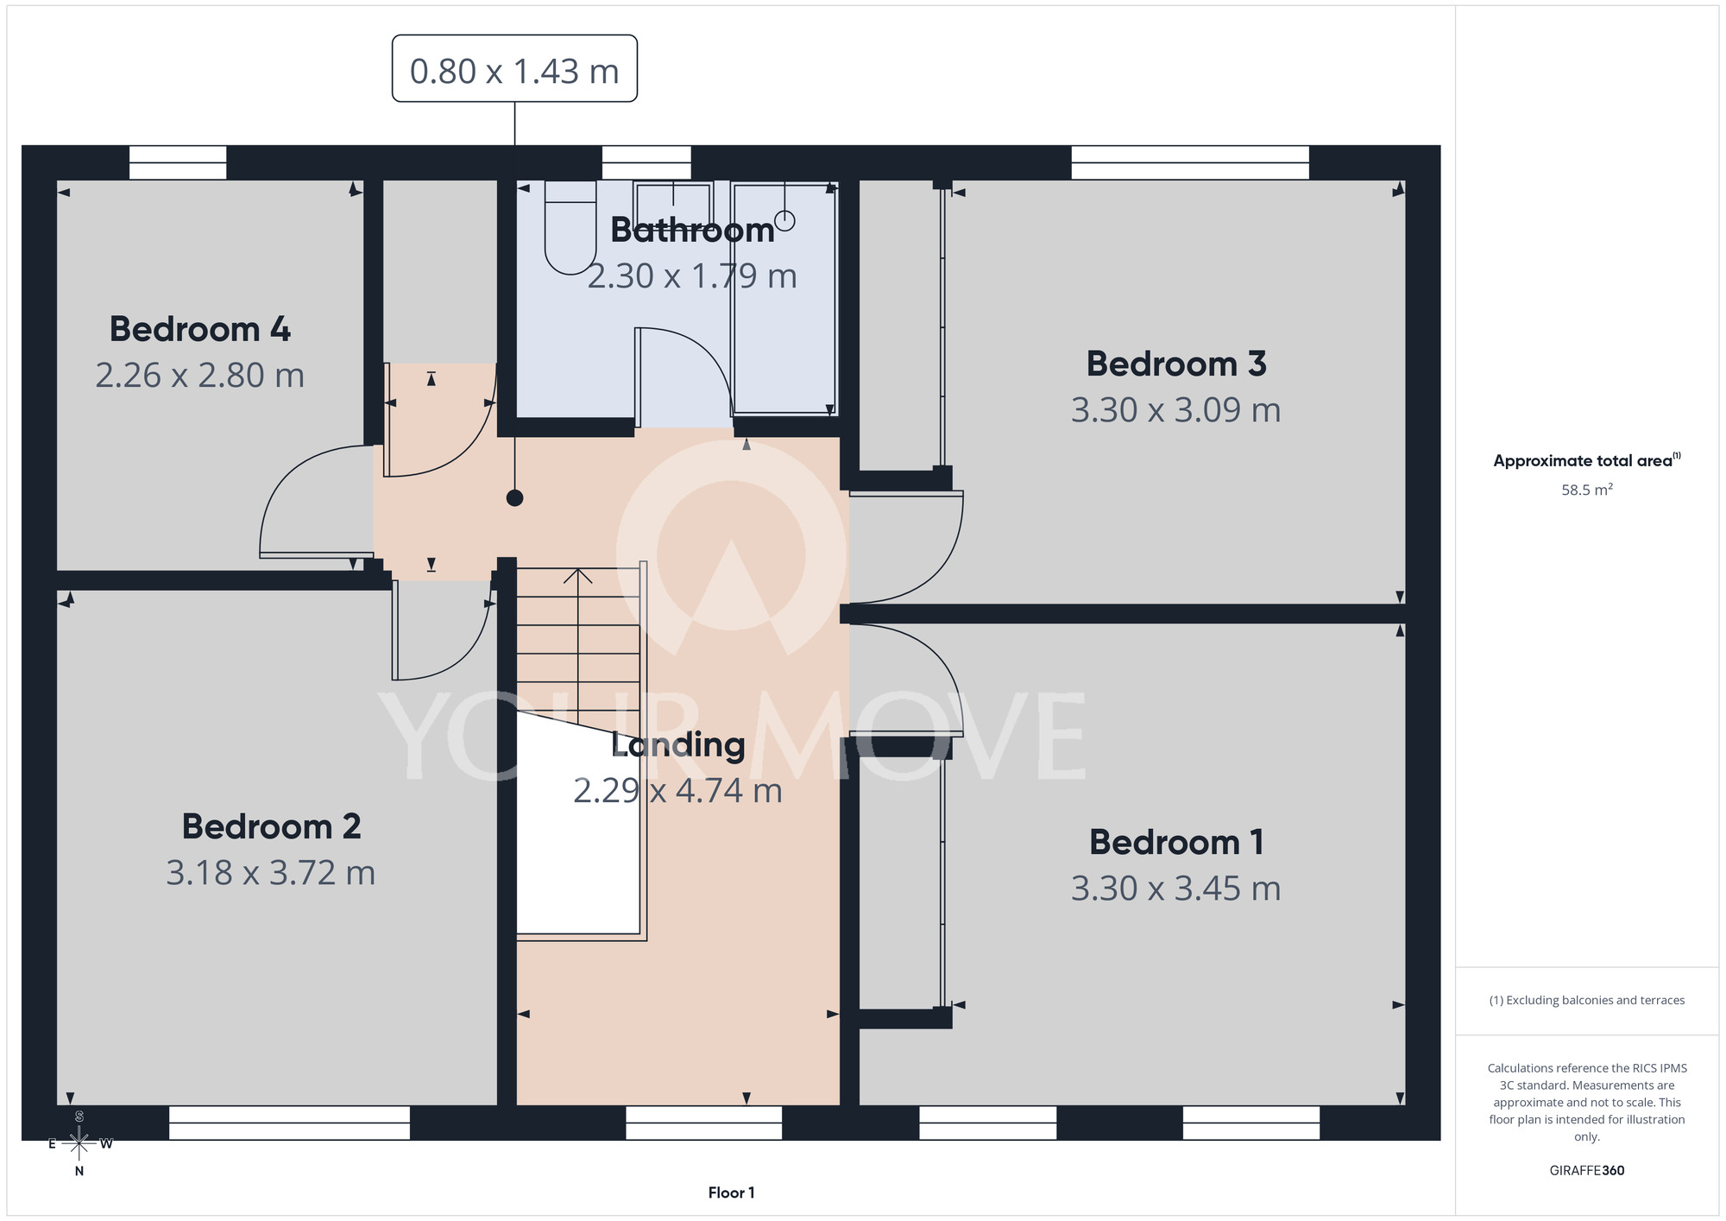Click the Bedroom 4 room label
(x=199, y=329)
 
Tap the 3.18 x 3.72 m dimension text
(x=270, y=872)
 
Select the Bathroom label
(x=692, y=230)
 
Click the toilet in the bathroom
(x=570, y=226)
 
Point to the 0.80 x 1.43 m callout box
(x=514, y=68)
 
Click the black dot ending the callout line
(x=514, y=497)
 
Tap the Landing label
(x=677, y=745)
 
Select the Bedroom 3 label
(x=1176, y=364)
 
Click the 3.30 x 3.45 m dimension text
(x=1175, y=888)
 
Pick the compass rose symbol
(x=79, y=1143)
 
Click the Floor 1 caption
(x=731, y=1193)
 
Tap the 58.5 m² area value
(x=1586, y=490)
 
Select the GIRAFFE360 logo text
(x=1586, y=1171)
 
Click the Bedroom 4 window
(x=178, y=162)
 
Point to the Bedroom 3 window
(x=1190, y=162)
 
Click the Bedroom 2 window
(x=289, y=1123)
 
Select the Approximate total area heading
(x=1586, y=460)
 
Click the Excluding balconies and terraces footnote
(x=1586, y=1000)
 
